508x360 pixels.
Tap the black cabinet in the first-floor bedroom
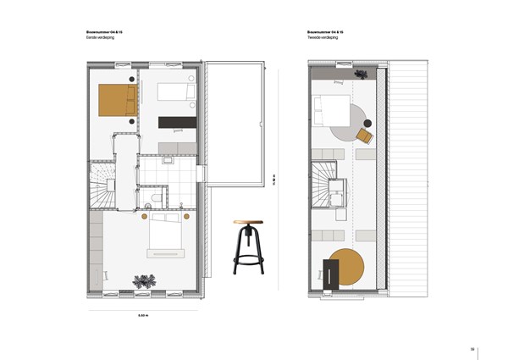click(177, 122)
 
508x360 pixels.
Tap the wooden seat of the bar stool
click(248, 223)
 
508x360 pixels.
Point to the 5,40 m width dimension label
click(143, 316)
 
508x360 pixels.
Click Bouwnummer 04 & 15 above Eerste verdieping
click(105, 32)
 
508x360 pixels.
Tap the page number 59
click(473, 348)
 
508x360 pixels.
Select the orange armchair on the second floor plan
click(365, 135)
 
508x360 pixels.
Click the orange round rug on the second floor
click(348, 269)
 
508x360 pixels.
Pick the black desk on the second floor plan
click(332, 275)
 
